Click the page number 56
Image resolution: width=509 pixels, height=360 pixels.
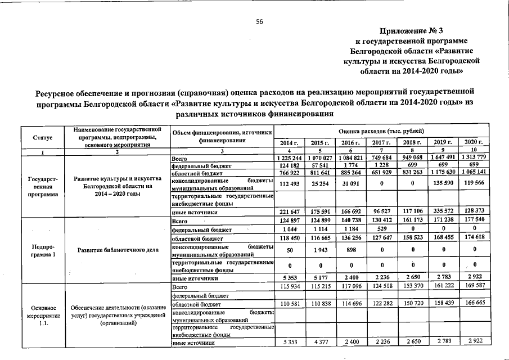tap(260, 21)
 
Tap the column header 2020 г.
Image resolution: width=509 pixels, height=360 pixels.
tap(472, 143)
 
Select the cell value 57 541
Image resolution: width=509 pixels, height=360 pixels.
tap(319, 166)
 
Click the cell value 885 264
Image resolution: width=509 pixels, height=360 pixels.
tap(350, 174)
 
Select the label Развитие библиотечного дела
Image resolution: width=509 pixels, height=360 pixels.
tap(117, 250)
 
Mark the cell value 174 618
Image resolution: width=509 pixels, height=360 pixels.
tap(472, 238)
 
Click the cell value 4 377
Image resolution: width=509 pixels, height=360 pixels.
tap(319, 342)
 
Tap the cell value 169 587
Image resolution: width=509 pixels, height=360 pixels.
tap(472, 287)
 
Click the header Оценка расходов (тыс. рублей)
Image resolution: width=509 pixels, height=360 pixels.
tap(382, 130)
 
